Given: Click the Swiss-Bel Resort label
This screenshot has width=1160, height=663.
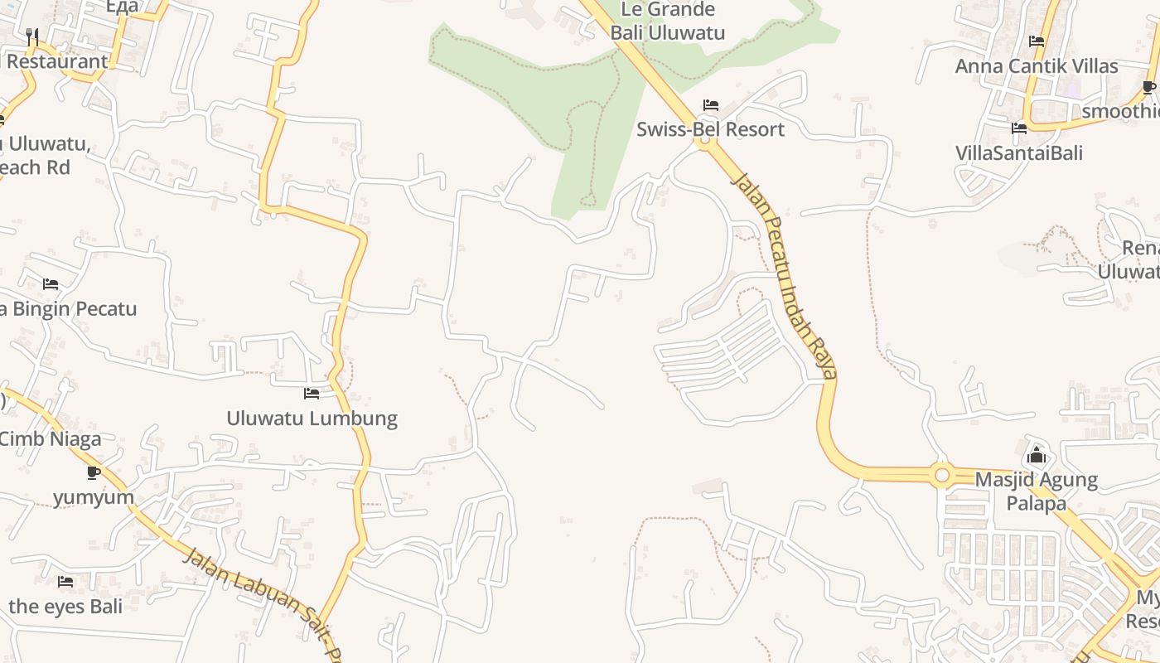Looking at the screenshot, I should tap(710, 129).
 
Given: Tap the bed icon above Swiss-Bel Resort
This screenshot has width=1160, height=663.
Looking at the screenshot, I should tap(710, 105).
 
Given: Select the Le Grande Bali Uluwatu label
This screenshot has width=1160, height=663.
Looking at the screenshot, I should tap(668, 22).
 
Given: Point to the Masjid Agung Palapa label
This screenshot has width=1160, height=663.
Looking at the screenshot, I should tap(1036, 491).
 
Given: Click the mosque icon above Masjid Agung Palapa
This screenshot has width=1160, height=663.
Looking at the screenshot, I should tap(1036, 455).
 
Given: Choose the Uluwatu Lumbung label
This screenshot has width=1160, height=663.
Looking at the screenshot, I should tap(312, 419).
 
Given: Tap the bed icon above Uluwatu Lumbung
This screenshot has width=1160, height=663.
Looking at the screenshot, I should tap(312, 393).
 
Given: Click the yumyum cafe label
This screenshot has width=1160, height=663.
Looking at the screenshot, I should tap(94, 497).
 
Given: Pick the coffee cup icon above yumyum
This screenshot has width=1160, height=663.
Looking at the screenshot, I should tap(94, 472).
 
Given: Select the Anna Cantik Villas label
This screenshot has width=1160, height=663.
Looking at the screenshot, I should tap(1037, 66).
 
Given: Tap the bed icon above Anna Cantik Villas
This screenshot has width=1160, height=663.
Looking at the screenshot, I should tap(1036, 41).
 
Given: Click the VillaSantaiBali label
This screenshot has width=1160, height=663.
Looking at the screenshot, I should tap(1019, 153).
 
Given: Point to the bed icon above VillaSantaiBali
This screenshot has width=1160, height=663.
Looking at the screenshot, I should tap(1019, 128).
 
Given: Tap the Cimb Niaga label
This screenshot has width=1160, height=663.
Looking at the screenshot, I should tap(50, 439).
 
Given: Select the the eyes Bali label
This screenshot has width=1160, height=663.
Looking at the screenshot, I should tap(65, 606).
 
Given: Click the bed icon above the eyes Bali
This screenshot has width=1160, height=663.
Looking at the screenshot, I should tap(65, 582).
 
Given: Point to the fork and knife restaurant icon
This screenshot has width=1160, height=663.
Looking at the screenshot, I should tap(32, 36).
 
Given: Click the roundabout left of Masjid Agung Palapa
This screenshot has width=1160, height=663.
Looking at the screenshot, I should tap(941, 476).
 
